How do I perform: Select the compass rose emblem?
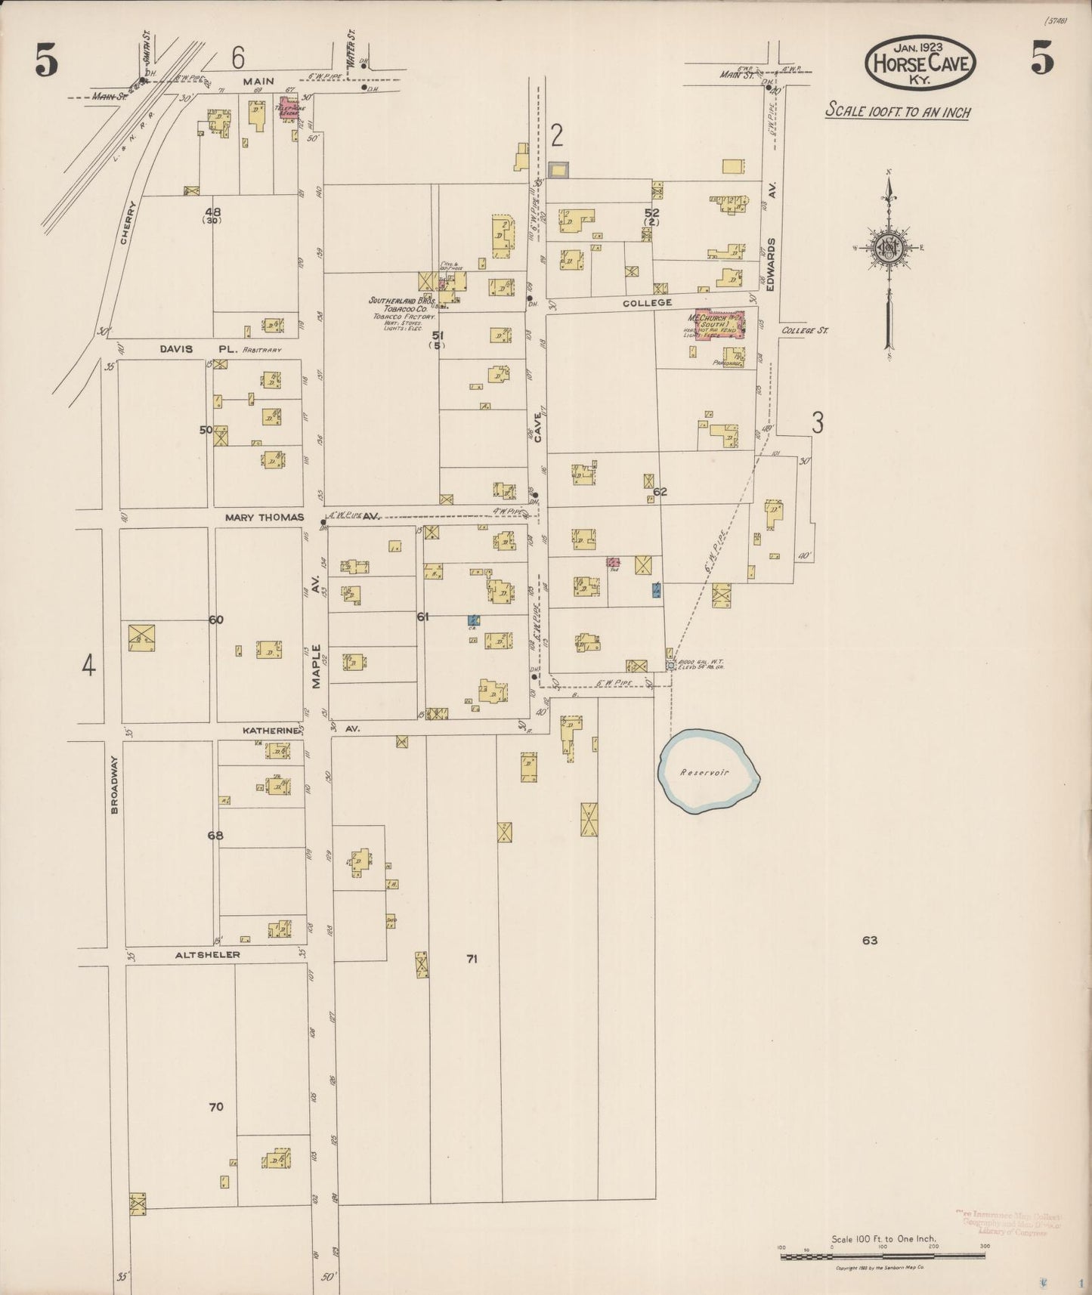tap(889, 248)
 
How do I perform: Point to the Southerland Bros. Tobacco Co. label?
tap(398, 304)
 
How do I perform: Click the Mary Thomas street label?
tap(263, 518)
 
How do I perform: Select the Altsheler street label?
tap(207, 954)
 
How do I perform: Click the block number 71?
tap(472, 959)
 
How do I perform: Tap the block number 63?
tap(869, 941)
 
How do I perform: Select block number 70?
tap(216, 1107)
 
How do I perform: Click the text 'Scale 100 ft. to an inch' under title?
tap(897, 111)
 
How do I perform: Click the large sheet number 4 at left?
tap(88, 666)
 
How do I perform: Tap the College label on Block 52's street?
tap(647, 302)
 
